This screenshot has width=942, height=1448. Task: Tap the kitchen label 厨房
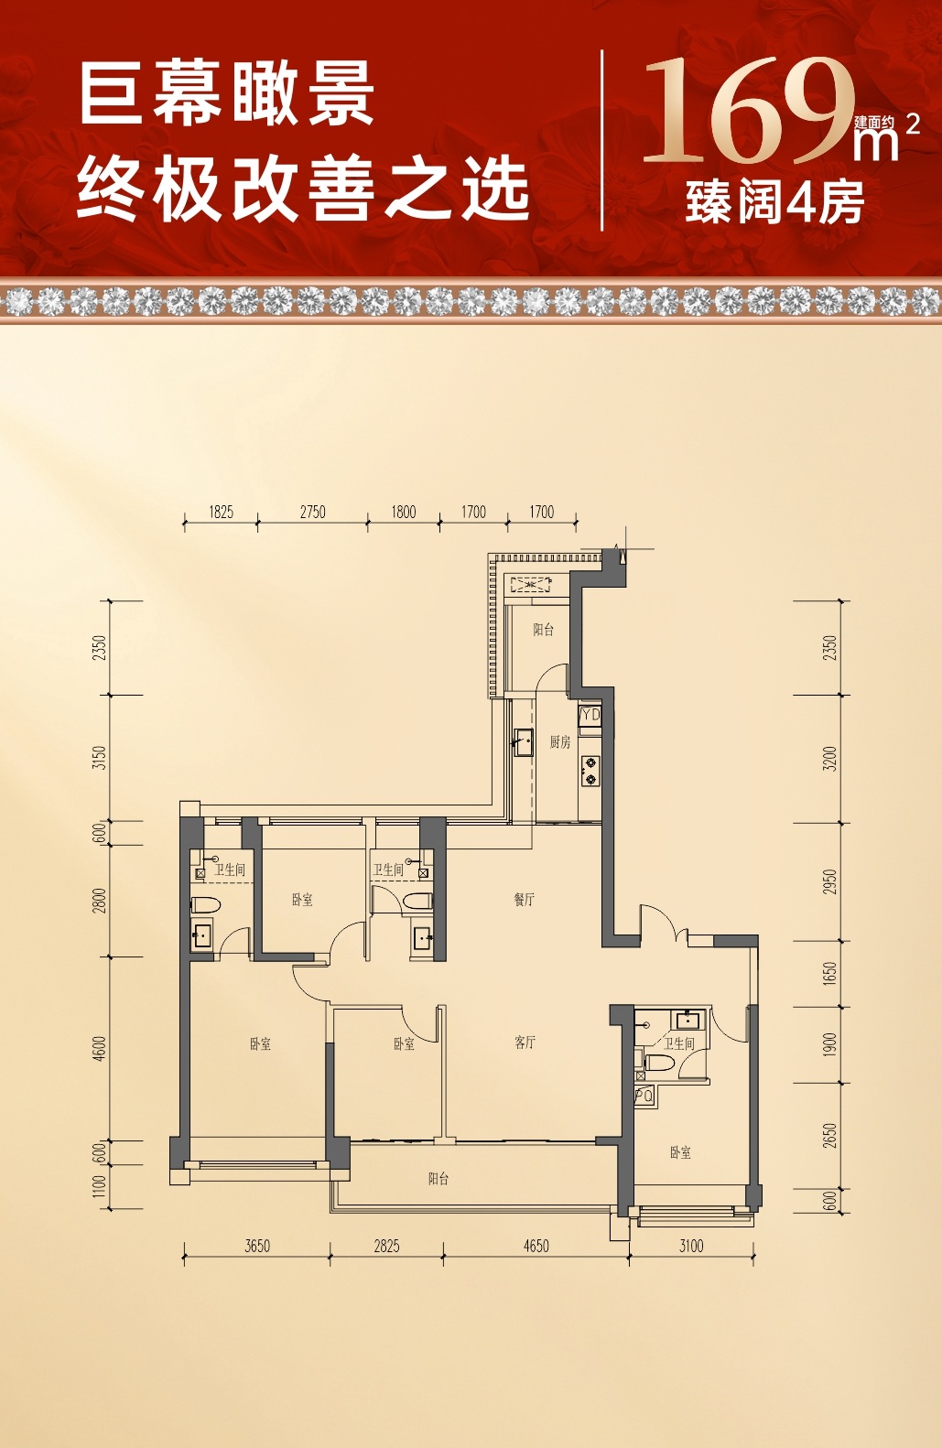(x=560, y=742)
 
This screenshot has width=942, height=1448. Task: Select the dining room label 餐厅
(x=525, y=900)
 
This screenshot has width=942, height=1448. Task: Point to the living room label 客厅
(x=525, y=1042)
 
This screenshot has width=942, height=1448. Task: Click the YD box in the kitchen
(x=590, y=715)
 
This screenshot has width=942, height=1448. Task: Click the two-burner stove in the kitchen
(x=590, y=772)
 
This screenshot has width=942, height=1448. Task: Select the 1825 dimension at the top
(x=222, y=512)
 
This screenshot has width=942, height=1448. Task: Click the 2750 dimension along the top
(x=313, y=512)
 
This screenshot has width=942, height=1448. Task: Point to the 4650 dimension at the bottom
(x=536, y=1246)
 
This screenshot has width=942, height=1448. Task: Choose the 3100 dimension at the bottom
(x=691, y=1246)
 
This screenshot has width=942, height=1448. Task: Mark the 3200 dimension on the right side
(x=831, y=759)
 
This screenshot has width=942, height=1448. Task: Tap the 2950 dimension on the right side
(x=831, y=882)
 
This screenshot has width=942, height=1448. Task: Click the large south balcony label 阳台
(x=439, y=1179)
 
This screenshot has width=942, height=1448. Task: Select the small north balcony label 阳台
(x=543, y=630)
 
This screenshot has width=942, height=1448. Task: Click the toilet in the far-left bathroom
(x=206, y=904)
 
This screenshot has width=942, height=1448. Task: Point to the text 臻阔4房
(x=775, y=202)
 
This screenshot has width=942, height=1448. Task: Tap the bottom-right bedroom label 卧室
(x=680, y=1152)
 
